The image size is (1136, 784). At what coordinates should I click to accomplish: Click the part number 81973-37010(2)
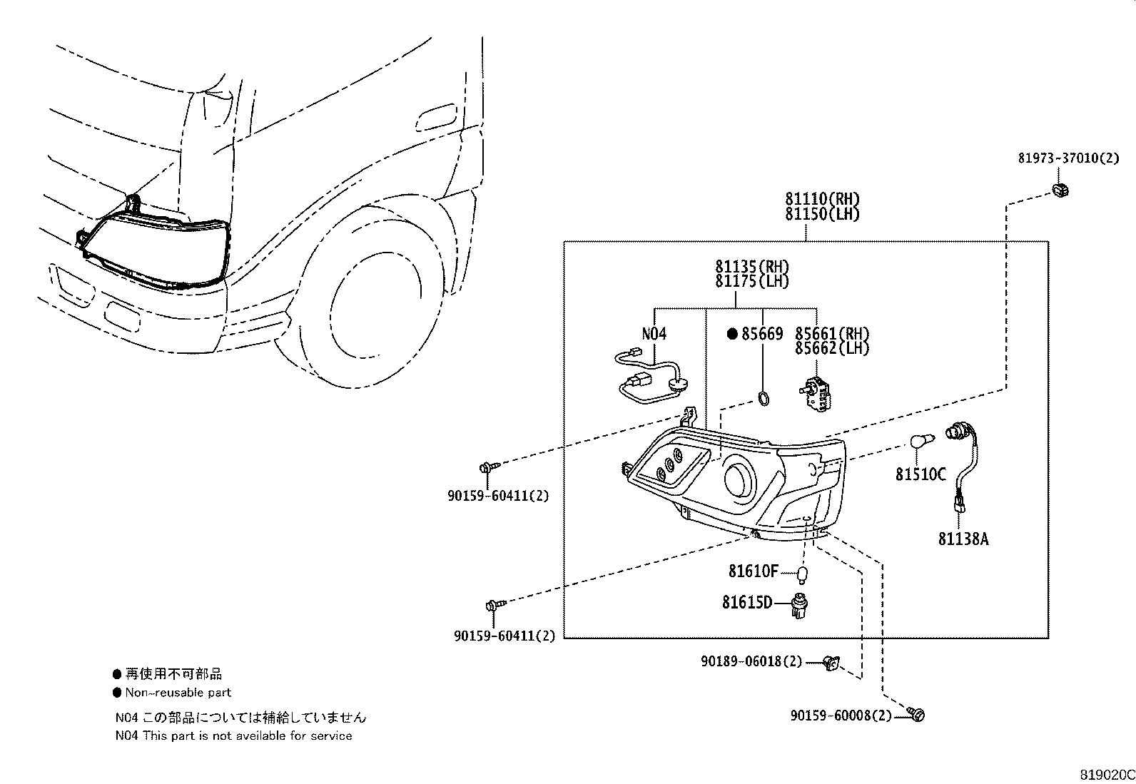click(x=1068, y=158)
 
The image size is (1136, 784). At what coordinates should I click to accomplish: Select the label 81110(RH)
click(x=822, y=199)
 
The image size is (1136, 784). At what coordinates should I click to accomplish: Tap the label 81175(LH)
click(x=752, y=282)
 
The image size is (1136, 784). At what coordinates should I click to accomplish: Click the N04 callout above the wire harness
click(x=654, y=333)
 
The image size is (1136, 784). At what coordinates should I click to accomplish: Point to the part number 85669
click(x=761, y=333)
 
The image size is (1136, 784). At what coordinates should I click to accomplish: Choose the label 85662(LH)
click(x=832, y=348)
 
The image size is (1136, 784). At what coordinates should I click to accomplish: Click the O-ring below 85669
click(x=763, y=399)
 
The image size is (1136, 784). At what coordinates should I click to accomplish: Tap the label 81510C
click(x=921, y=473)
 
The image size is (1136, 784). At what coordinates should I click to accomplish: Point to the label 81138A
click(x=963, y=539)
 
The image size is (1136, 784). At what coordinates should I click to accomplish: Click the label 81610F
click(x=753, y=571)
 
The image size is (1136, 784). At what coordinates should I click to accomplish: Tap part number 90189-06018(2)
click(x=751, y=662)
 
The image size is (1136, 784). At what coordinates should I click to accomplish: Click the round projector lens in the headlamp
click(x=741, y=477)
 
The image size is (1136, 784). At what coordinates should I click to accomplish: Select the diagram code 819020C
click(x=1106, y=775)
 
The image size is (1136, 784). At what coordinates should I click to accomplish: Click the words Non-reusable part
click(x=178, y=692)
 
